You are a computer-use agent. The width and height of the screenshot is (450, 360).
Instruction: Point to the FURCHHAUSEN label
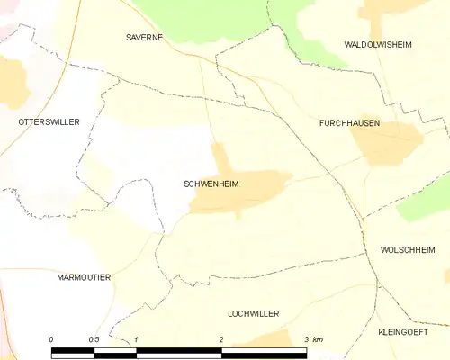tap(349, 122)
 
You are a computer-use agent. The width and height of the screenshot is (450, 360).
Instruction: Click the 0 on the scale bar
tap(51, 339)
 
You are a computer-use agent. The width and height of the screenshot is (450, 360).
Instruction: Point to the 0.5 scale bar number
tap(94, 339)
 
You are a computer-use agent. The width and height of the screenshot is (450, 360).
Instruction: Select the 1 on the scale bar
tap(136, 339)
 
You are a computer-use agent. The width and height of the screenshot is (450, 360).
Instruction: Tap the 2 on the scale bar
tap(221, 339)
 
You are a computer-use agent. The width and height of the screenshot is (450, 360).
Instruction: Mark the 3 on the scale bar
tap(306, 339)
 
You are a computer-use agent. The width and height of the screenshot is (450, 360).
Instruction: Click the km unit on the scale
tap(319, 339)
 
